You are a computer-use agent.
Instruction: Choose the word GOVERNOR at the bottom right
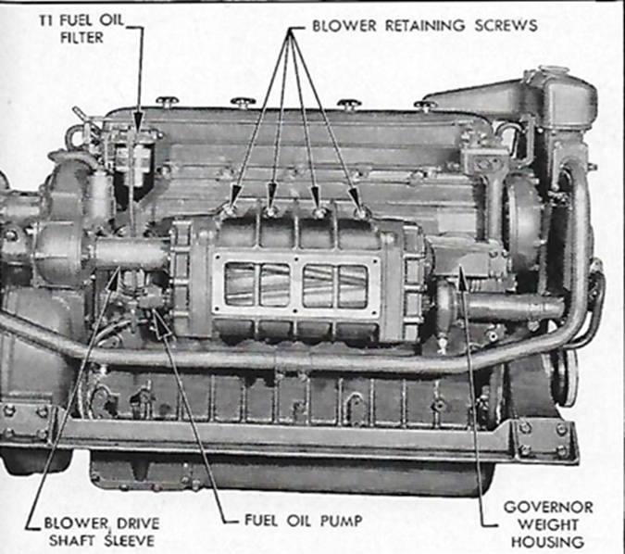pyautogui.click(x=547, y=506)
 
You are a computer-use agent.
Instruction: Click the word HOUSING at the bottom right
pyautogui.click(x=547, y=540)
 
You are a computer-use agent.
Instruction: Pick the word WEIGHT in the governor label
pyautogui.click(x=547, y=523)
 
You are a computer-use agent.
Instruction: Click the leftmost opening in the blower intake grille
pyautogui.click(x=241, y=283)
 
